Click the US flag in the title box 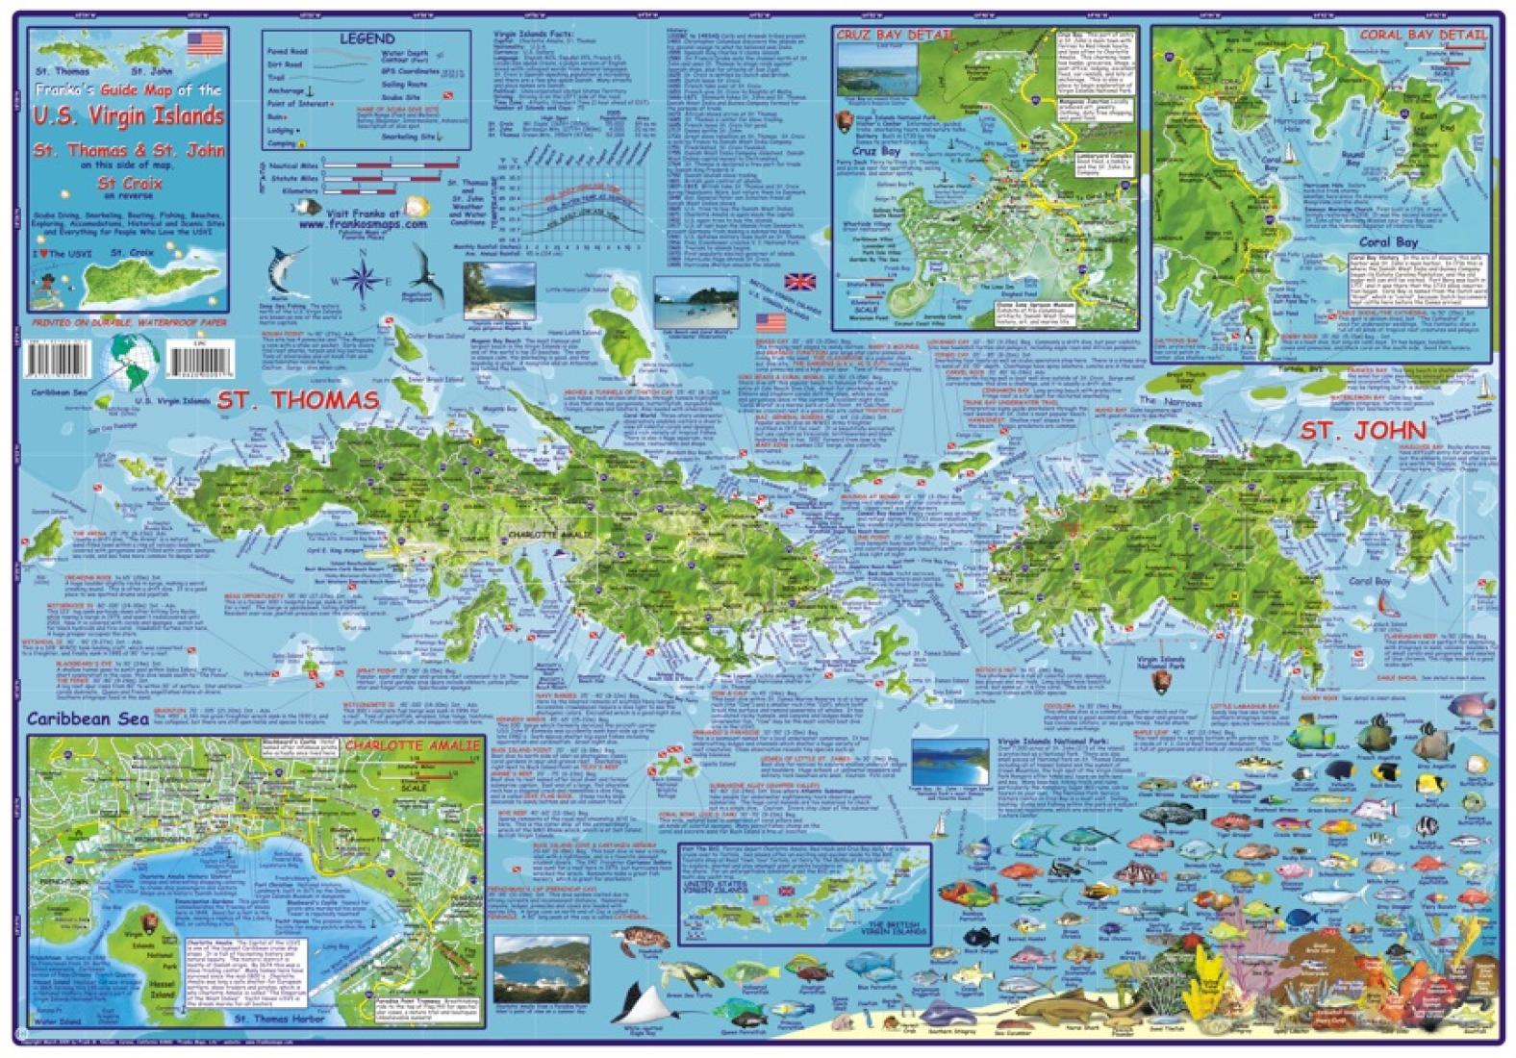pyautogui.click(x=205, y=44)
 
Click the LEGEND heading pyautogui.click(x=366, y=39)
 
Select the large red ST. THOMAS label pyautogui.click(x=297, y=401)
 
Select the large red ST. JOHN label pyautogui.click(x=1363, y=430)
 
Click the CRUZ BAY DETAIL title pyautogui.click(x=896, y=36)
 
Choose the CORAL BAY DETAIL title pyautogui.click(x=1423, y=35)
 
